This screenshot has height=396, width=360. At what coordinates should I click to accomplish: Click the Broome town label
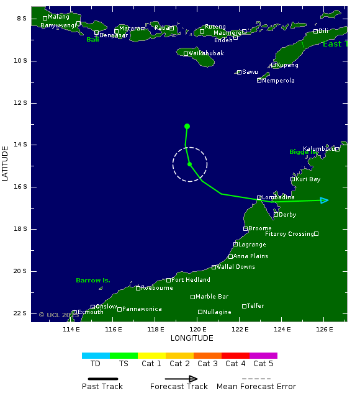pos(260,228)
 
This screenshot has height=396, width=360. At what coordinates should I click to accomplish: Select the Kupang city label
pos(288,65)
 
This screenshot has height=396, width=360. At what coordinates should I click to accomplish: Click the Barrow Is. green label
pos(93,281)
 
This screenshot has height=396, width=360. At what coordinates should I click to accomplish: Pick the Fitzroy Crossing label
pos(289,234)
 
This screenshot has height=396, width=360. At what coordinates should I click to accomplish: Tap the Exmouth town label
pos(91,312)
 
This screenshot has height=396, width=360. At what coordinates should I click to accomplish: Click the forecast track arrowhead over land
pos(324,200)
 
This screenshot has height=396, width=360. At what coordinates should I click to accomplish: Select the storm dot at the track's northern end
pos(187,127)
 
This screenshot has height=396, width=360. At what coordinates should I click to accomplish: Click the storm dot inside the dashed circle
pos(189,164)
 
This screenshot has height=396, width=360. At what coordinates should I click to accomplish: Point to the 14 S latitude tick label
pos(21,145)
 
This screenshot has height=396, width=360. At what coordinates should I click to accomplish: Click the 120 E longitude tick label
pos(198,328)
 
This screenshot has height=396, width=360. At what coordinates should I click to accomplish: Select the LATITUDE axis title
pos(6,163)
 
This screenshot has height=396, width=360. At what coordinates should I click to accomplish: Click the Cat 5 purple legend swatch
pos(263,356)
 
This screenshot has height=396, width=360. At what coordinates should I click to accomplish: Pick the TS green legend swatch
pos(124,356)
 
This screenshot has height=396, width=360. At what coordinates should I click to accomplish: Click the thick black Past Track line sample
pos(99,378)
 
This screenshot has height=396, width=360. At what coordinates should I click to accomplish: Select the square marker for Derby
pos(276,215)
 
